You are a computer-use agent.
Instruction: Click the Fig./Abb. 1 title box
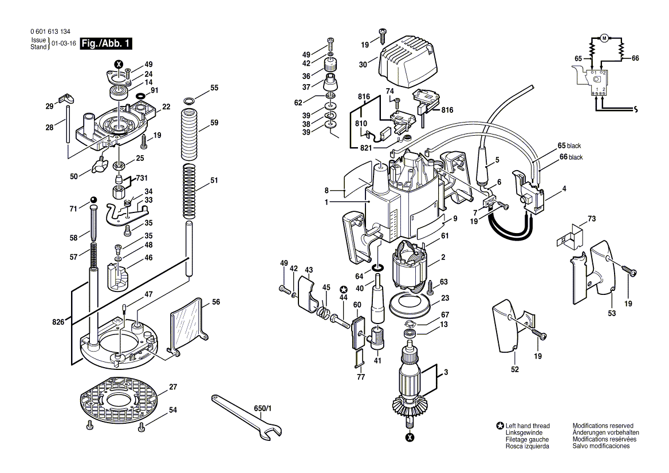tap(106, 44)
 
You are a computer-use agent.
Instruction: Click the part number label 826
tap(58, 322)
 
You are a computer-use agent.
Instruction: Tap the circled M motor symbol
tap(604, 38)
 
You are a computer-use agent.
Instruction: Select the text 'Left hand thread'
tap(528, 425)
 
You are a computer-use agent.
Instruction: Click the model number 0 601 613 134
tap(50, 31)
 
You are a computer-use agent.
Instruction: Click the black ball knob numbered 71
tap(93, 200)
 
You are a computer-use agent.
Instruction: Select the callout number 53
tap(612, 313)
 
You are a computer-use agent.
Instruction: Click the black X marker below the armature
tap(410, 437)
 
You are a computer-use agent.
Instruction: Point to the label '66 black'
tap(571, 157)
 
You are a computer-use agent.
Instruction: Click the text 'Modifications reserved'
tap(603, 425)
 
